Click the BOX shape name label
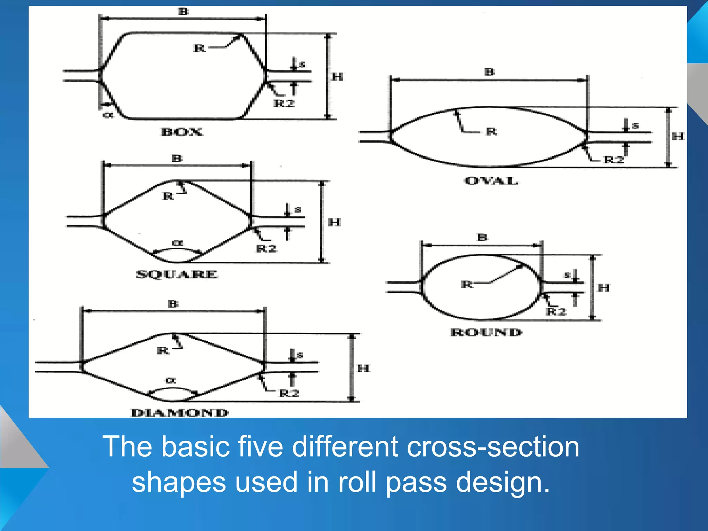pos(182,132)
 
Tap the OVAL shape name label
pos(491,181)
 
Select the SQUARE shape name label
pos(177,274)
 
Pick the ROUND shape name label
pos(486,333)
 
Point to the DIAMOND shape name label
pos(180,412)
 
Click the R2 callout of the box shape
pos(284,103)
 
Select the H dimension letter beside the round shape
pos(604,287)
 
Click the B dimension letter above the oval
pos(490,72)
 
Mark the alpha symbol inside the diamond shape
pos(171,381)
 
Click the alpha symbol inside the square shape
pos(177,243)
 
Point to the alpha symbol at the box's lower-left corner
pos(108,114)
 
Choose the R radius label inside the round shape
pos(467,285)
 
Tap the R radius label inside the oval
pos(491,131)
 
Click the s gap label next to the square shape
pos(298,209)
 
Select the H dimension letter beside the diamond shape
pos(363,368)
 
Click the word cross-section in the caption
pos(493,447)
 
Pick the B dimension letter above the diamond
pos(173,304)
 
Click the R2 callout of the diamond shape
pos(289,393)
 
